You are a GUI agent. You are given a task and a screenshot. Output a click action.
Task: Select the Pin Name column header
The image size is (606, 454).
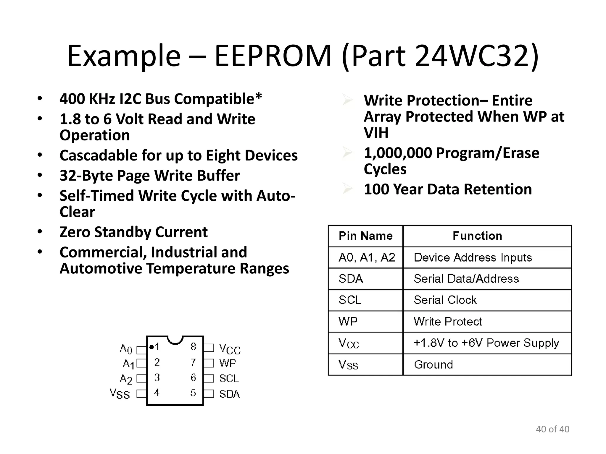click(365, 236)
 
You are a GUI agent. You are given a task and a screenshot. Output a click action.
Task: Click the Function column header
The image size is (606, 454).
click(477, 236)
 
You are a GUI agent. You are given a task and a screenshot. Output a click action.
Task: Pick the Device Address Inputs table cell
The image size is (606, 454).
click(473, 257)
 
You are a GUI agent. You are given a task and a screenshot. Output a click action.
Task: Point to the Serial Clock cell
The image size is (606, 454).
click(445, 300)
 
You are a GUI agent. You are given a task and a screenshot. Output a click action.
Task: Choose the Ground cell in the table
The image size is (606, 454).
click(433, 364)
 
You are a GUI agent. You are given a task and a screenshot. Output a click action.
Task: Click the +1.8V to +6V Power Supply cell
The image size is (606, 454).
click(486, 343)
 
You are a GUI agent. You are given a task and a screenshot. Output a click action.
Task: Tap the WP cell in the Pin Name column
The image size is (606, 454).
click(348, 321)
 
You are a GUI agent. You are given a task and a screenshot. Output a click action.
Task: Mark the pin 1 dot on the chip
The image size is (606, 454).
click(151, 347)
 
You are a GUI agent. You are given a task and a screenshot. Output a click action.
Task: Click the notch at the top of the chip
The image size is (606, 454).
click(175, 340)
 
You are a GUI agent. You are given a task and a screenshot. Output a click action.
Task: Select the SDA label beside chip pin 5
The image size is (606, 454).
click(229, 394)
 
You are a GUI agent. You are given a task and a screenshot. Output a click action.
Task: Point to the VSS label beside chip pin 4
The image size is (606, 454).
click(120, 394)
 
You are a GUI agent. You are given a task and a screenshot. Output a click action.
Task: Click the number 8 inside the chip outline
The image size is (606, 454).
click(193, 347)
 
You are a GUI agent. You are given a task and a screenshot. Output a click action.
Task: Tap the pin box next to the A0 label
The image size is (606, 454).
click(141, 350)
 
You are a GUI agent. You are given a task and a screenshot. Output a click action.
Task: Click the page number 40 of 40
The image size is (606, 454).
click(552, 429)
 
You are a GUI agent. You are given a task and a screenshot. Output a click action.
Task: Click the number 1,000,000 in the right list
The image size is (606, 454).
click(398, 153)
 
